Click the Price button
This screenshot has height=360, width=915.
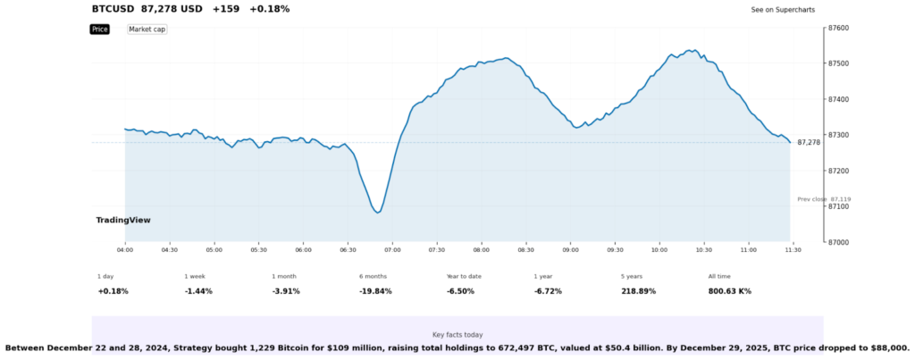pos(99,29)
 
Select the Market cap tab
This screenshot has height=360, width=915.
pos(147,29)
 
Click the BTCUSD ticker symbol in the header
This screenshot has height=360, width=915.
pos(113,9)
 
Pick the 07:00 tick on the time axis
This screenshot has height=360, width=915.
pos(392,250)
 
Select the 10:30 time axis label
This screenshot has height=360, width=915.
pos(703,250)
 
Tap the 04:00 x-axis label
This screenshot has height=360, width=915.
pos(125,250)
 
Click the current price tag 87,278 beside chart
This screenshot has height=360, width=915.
pos(809,143)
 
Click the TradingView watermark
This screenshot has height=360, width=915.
pos(123,220)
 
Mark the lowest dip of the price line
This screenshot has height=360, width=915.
pos(378,213)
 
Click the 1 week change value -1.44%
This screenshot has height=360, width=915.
pos(198,291)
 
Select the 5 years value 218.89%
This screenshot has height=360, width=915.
pos(639,291)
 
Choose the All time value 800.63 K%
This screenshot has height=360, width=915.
pos(730,291)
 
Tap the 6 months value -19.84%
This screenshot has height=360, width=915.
pos(375,291)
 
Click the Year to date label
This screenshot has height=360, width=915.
pos(464,276)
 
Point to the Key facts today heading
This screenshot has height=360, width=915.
pos(457,334)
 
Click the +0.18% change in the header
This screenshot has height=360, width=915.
pos(269,9)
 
